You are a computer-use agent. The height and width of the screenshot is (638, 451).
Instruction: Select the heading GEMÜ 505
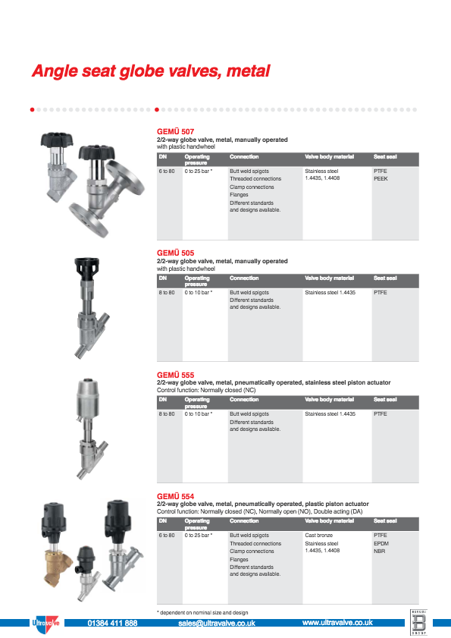[175, 253]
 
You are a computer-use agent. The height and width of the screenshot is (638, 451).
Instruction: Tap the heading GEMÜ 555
[175, 375]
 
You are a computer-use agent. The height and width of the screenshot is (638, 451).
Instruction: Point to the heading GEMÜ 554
[175, 497]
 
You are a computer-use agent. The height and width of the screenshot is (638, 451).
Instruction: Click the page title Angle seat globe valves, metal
[150, 72]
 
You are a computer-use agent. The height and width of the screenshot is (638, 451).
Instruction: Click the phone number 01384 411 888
[112, 623]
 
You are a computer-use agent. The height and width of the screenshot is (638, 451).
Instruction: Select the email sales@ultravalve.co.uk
[216, 623]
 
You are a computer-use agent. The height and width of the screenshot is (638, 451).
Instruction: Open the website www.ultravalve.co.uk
[337, 623]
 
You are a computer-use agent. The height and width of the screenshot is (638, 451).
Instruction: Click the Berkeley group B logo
[419, 621]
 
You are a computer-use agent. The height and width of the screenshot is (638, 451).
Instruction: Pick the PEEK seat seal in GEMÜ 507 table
[381, 178]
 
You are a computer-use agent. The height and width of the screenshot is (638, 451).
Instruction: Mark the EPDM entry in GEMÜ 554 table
[381, 543]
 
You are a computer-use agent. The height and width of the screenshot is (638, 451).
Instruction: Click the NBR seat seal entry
[379, 551]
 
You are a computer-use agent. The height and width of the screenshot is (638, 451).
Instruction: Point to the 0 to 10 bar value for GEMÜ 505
[199, 292]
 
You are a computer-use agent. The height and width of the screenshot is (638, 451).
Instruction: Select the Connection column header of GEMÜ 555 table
[244, 399]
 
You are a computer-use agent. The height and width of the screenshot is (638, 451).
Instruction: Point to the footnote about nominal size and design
[202, 612]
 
